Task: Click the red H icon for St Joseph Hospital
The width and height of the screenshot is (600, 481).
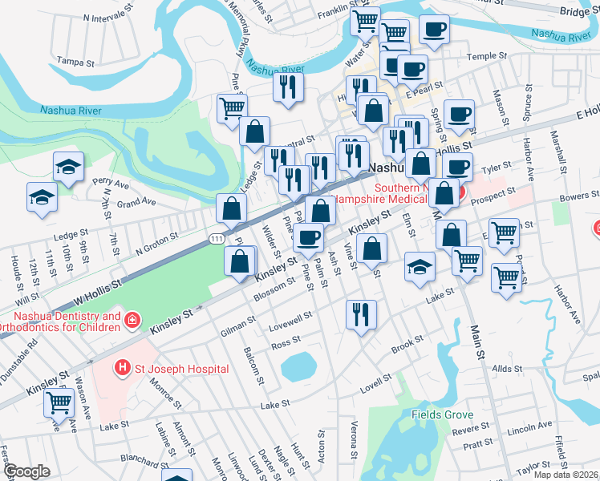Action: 122,369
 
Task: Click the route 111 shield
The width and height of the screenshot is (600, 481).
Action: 215,239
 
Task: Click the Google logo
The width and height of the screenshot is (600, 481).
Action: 26,471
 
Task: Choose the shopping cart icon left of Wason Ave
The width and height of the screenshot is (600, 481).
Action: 59,401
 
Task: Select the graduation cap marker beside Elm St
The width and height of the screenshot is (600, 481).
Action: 420,267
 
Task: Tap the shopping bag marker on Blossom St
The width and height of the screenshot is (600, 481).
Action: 241,261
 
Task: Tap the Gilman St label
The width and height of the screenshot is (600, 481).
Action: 237,324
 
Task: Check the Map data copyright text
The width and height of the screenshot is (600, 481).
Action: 565,474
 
